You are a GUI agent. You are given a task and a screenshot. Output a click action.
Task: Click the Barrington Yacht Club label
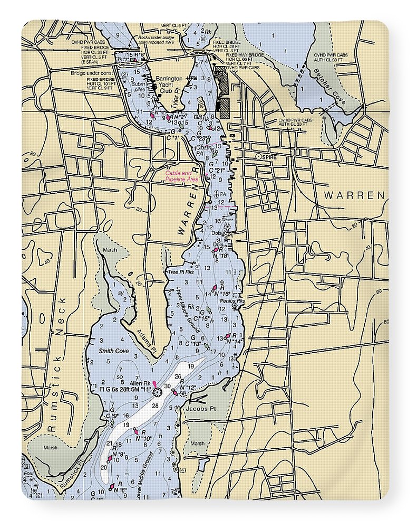pyautogui.click(x=169, y=84)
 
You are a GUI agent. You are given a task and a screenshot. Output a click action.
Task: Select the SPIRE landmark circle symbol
pyautogui.click(x=258, y=157)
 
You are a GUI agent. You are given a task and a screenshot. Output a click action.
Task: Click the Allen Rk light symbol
pyautogui.click(x=156, y=391)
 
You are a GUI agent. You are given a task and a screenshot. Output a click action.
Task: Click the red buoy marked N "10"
pyautogui.click(x=135, y=432)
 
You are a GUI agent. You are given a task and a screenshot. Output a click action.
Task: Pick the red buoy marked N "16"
pyautogui.click(x=215, y=289)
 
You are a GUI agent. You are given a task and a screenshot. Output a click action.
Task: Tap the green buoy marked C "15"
pyautogui.click(x=209, y=309)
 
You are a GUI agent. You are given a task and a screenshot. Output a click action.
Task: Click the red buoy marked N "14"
pyautogui.click(x=228, y=336)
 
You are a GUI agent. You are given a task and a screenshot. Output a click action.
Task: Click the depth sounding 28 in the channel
pyautogui.click(x=155, y=405)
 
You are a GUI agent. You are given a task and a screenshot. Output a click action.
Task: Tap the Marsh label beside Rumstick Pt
pyautogui.click(x=51, y=448)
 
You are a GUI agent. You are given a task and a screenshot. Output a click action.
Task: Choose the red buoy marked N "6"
pyautogui.click(x=112, y=488)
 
